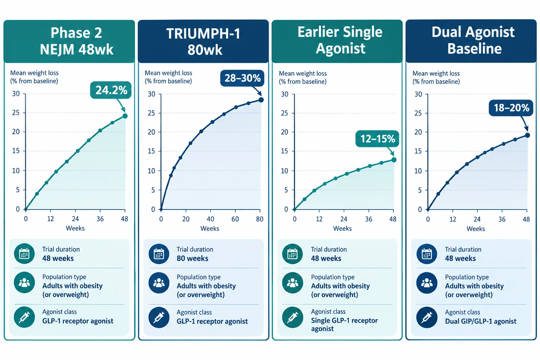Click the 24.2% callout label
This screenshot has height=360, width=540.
[111, 90]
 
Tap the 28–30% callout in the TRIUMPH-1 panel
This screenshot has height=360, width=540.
[242, 78]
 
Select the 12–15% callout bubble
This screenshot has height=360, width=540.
[377, 139]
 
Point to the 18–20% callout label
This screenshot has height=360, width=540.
[511, 108]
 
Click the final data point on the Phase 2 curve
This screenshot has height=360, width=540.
[125, 116]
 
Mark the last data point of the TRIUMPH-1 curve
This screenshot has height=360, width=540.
[261, 100]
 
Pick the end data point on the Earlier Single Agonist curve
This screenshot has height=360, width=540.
[394, 160]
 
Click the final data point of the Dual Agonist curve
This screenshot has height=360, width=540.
[527, 135]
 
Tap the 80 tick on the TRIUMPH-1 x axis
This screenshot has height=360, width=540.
[260, 219]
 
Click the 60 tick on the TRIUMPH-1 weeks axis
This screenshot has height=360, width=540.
[235, 219]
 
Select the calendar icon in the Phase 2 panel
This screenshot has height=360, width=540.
[24, 254]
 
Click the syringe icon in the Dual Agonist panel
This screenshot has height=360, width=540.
[427, 317]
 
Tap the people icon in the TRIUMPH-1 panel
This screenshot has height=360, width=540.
[159, 283]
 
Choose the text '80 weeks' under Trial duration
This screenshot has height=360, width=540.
[192, 258]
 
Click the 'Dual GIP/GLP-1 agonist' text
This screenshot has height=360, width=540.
[481, 321]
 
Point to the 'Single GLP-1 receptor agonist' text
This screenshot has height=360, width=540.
[344, 324]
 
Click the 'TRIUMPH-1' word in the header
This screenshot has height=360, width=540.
[203, 33]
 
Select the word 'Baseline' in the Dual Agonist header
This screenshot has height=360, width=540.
[474, 49]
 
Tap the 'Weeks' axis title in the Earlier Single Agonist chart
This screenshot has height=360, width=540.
[342, 229]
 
